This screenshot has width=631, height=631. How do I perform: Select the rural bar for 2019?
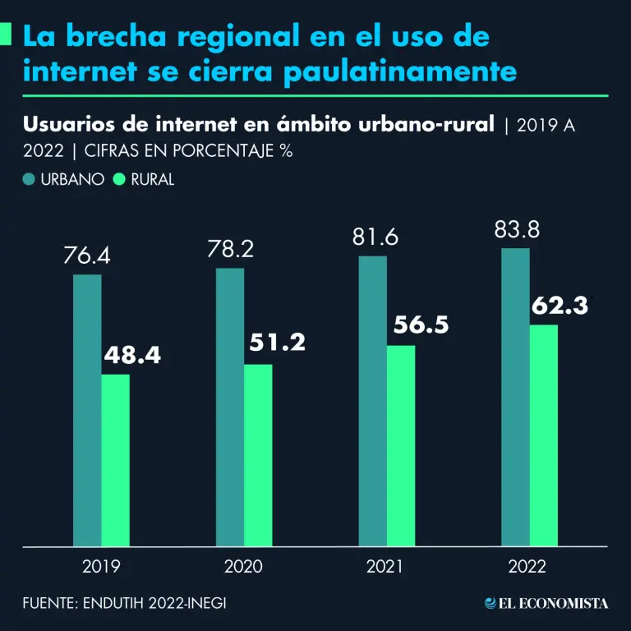click(x=115, y=460)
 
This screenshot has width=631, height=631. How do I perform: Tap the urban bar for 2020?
click(x=230, y=407)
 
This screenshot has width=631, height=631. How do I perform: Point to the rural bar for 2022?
click(x=544, y=435)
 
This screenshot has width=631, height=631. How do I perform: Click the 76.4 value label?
click(x=87, y=256)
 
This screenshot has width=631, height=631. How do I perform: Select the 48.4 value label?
click(x=132, y=357)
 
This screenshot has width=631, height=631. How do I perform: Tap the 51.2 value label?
click(x=275, y=342)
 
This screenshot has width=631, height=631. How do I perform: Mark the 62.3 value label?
click(x=560, y=306)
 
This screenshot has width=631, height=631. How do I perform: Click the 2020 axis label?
click(x=244, y=566)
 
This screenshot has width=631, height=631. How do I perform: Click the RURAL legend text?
click(x=153, y=179)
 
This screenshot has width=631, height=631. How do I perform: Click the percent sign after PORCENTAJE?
click(x=287, y=152)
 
